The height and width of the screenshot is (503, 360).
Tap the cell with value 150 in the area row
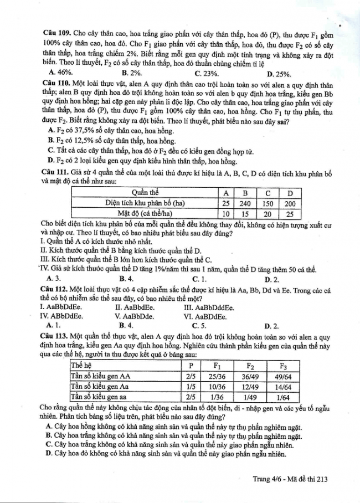pos(268,203)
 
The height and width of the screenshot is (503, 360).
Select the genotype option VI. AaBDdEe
pos(205,317)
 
